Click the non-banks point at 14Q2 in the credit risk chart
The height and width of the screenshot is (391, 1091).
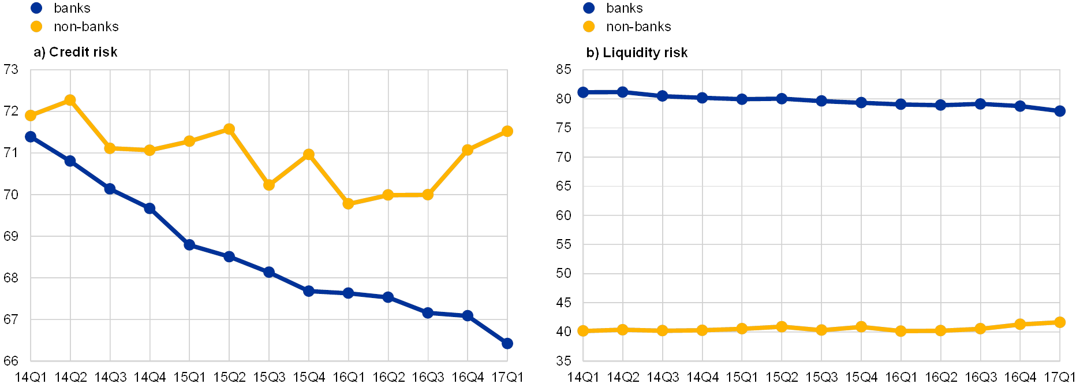pyautogui.click(x=70, y=100)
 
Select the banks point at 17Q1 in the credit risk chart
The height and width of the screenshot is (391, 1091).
pyautogui.click(x=507, y=344)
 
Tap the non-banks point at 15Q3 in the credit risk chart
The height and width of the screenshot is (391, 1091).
pyautogui.click(x=268, y=185)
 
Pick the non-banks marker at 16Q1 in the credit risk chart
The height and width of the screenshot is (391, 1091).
pyautogui.click(x=348, y=204)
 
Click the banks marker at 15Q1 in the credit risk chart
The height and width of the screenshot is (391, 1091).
pyautogui.click(x=189, y=245)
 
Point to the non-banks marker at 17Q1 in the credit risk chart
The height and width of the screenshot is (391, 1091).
pyautogui.click(x=507, y=131)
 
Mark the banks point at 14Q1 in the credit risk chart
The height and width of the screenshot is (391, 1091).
pyautogui.click(x=31, y=137)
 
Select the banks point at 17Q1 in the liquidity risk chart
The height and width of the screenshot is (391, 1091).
pyautogui.click(x=1060, y=111)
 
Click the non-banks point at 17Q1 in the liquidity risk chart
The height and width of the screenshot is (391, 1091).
pyautogui.click(x=1060, y=322)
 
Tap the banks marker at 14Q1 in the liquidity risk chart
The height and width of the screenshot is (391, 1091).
pyautogui.click(x=583, y=92)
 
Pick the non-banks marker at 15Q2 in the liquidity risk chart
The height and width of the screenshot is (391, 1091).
pyautogui.click(x=782, y=327)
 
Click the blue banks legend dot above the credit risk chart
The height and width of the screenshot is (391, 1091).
pyautogui.click(x=36, y=8)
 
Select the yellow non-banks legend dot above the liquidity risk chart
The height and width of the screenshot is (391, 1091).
pyautogui.click(x=589, y=27)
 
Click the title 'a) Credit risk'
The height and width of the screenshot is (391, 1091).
pyautogui.click(x=76, y=53)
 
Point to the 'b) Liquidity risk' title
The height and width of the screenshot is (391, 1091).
pyautogui.click(x=637, y=53)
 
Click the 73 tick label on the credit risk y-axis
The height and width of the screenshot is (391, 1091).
pyautogui.click(x=12, y=70)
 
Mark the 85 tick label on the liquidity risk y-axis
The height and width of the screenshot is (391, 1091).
pyautogui.click(x=563, y=70)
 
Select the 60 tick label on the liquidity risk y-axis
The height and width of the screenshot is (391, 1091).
pyautogui.click(x=563, y=215)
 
